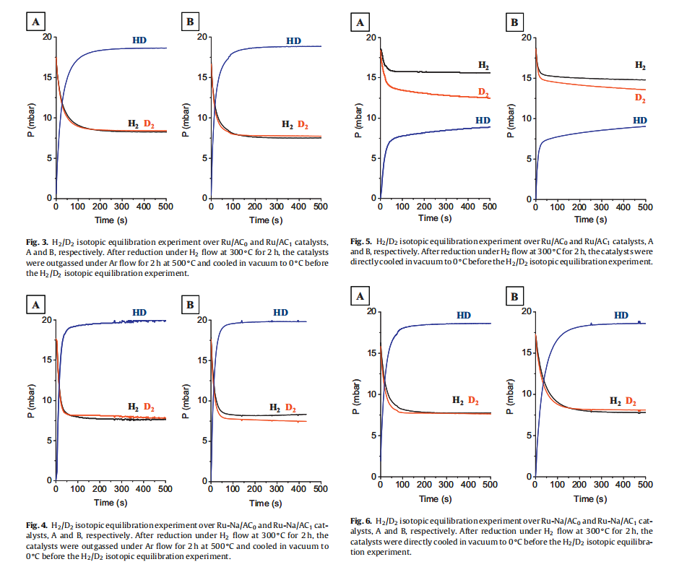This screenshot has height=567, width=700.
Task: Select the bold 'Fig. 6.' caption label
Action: tap(362, 521)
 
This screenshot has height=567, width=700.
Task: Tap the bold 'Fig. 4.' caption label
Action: tap(36, 525)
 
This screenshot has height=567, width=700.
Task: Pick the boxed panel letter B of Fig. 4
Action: tap(190, 306)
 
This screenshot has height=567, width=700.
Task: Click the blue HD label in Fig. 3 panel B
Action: tap(293, 41)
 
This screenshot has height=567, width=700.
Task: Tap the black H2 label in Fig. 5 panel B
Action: tap(640, 66)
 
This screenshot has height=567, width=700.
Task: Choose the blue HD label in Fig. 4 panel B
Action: tap(280, 313)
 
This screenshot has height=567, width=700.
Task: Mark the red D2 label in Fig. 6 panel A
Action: tap(474, 400)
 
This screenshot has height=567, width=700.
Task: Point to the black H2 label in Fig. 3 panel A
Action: tap(134, 124)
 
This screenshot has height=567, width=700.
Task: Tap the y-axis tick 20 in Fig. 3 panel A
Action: tap(47, 37)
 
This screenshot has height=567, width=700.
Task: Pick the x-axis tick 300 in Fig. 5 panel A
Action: tap(446, 207)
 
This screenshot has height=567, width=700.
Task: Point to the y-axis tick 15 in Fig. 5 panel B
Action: tap(526, 78)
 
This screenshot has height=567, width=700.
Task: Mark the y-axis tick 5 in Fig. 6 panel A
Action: tap(371, 435)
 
